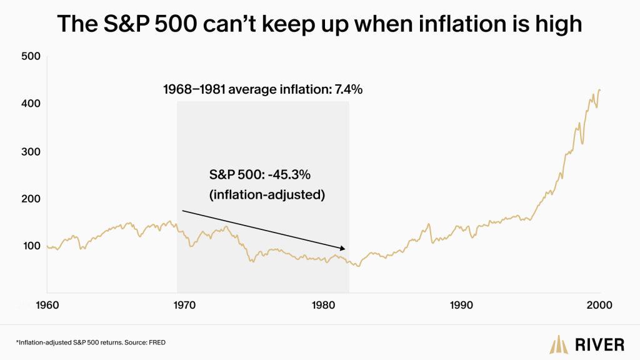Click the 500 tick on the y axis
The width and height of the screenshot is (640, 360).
31,56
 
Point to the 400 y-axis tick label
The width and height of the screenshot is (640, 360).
31,104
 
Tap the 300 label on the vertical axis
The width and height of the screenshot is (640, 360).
31,151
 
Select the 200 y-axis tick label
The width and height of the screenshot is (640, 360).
31,199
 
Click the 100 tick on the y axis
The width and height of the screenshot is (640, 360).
32,246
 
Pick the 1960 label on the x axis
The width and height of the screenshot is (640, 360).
47,305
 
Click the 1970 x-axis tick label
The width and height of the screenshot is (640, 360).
184,305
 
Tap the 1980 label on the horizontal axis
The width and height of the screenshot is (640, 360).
323,305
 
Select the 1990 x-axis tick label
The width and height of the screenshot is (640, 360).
461,305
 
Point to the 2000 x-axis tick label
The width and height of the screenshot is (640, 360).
599,305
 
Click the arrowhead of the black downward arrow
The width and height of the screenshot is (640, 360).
343,248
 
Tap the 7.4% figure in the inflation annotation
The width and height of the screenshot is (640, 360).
349,89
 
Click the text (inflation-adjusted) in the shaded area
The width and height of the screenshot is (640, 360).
267,195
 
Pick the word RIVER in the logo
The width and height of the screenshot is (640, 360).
599,345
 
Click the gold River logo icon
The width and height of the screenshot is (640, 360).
559,344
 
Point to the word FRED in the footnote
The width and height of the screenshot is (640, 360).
157,342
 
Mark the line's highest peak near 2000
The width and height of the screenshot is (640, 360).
599,90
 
